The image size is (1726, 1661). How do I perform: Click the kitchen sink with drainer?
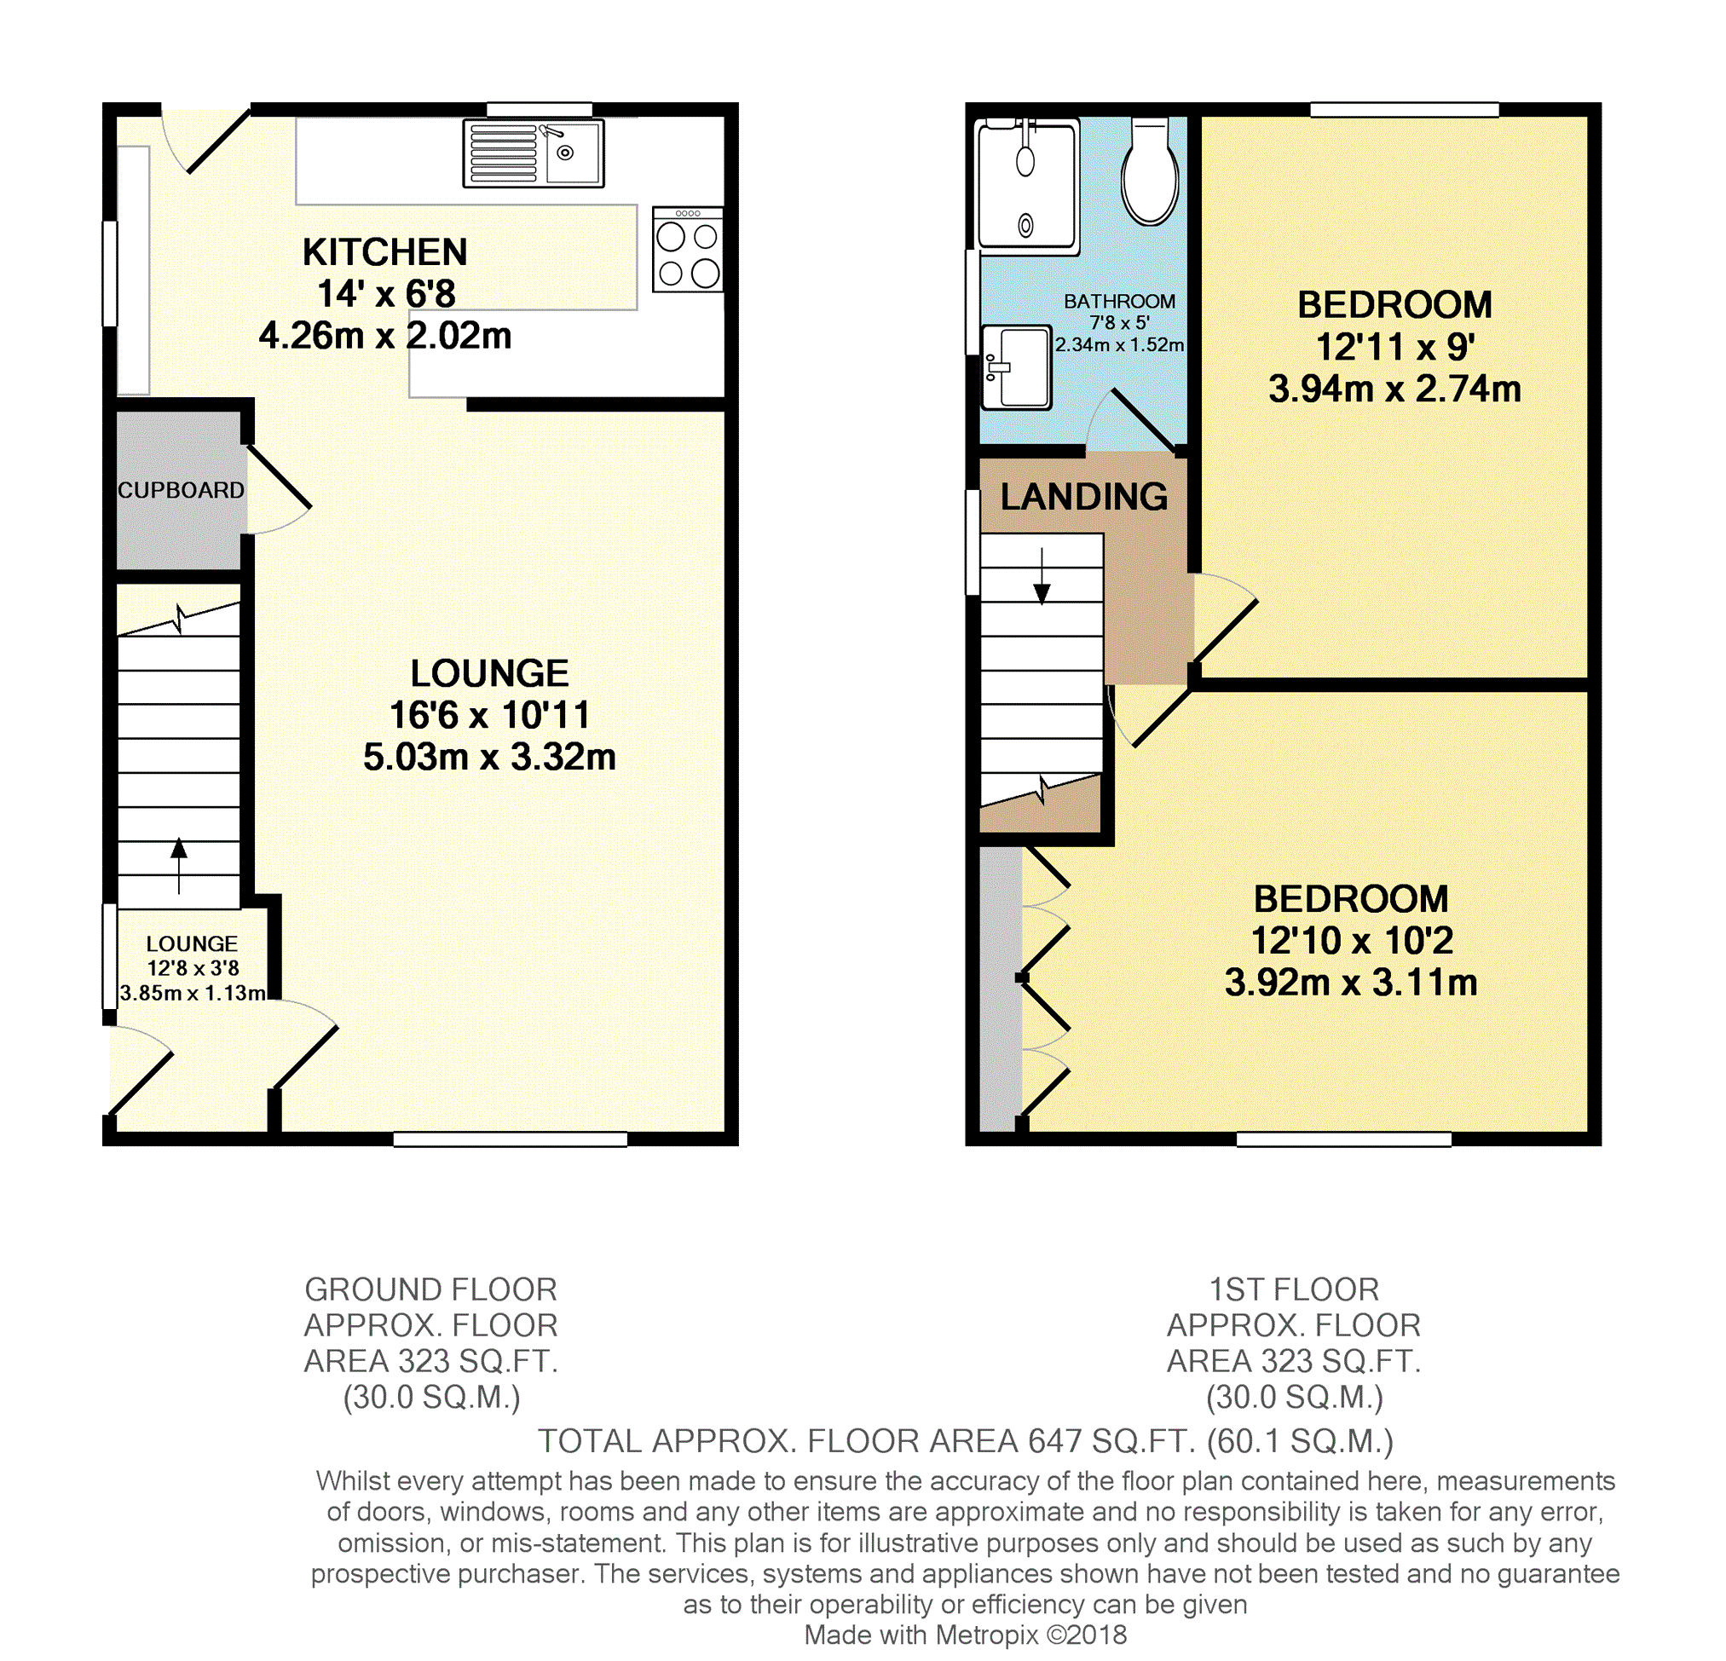click(534, 153)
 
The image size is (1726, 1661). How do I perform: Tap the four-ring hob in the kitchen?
click(688, 249)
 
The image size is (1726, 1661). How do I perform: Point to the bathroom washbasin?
click(1016, 367)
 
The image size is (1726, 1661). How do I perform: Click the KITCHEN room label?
click(384, 252)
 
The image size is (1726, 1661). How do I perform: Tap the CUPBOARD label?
click(181, 490)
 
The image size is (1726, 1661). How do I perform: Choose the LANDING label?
click(1084, 497)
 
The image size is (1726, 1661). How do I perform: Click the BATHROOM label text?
click(1119, 301)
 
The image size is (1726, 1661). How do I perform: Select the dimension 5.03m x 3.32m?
click(489, 757)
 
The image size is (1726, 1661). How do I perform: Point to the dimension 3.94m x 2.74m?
click(1395, 389)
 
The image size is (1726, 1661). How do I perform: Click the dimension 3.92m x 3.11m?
click(1351, 982)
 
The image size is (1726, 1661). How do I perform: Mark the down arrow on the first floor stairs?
click(1042, 576)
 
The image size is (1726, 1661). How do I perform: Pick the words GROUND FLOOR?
click(430, 1289)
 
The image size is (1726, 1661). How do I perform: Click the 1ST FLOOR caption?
click(1294, 1289)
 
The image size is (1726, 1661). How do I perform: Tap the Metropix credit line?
click(965, 1635)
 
